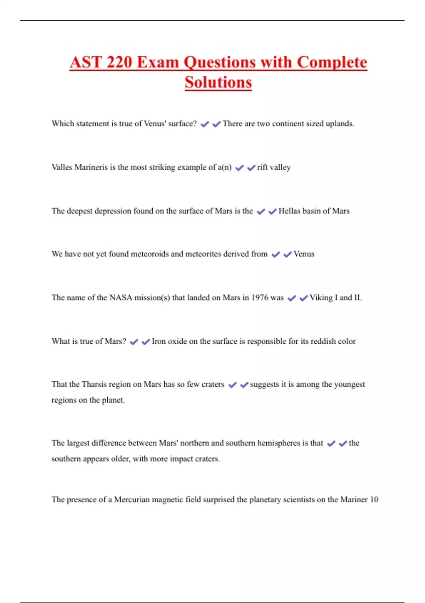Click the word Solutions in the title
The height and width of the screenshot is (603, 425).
[218, 82]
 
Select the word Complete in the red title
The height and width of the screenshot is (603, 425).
[332, 62]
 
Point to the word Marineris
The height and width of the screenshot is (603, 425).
[91, 167]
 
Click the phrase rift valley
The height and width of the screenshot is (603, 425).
[274, 167]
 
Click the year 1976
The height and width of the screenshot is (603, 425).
[260, 298]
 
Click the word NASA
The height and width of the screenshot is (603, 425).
[120, 298]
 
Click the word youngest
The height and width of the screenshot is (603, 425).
[349, 385]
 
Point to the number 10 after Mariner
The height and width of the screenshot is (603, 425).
[374, 499]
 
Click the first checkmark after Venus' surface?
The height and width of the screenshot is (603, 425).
[205, 124]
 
